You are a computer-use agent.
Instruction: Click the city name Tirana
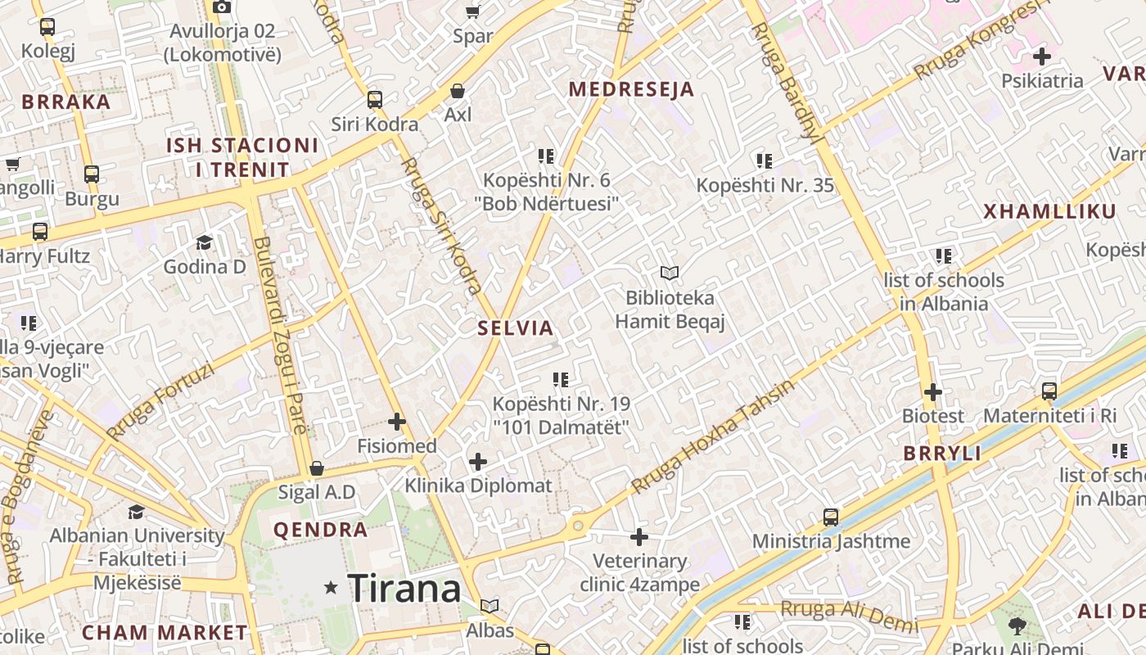tap(404, 588)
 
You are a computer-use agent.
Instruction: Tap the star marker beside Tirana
tap(331, 587)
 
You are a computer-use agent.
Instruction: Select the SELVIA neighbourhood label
tap(516, 328)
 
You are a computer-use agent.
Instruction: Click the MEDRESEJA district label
tap(631, 89)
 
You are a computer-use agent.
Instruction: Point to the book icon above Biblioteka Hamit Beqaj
tap(670, 273)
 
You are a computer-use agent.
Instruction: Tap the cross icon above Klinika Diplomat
tap(478, 461)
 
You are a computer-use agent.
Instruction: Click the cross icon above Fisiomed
tap(397, 422)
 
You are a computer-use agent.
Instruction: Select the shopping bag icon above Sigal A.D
tap(317, 468)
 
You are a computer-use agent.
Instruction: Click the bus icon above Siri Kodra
tap(375, 100)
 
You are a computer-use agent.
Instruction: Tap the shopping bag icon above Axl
tap(458, 90)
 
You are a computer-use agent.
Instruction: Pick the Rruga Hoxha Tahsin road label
tap(712, 438)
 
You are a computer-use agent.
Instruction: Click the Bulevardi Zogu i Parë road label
tap(281, 336)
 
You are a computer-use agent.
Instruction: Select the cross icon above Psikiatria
tap(1042, 56)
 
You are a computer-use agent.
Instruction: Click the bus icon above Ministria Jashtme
tap(831, 517)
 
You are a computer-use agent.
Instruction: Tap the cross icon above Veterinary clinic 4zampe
tap(639, 537)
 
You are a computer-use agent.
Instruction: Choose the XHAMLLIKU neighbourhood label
tap(1049, 211)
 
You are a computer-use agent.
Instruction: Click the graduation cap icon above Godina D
tap(204, 242)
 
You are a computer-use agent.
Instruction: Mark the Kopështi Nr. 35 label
tap(765, 185)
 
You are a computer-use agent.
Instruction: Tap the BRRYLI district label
tap(942, 454)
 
